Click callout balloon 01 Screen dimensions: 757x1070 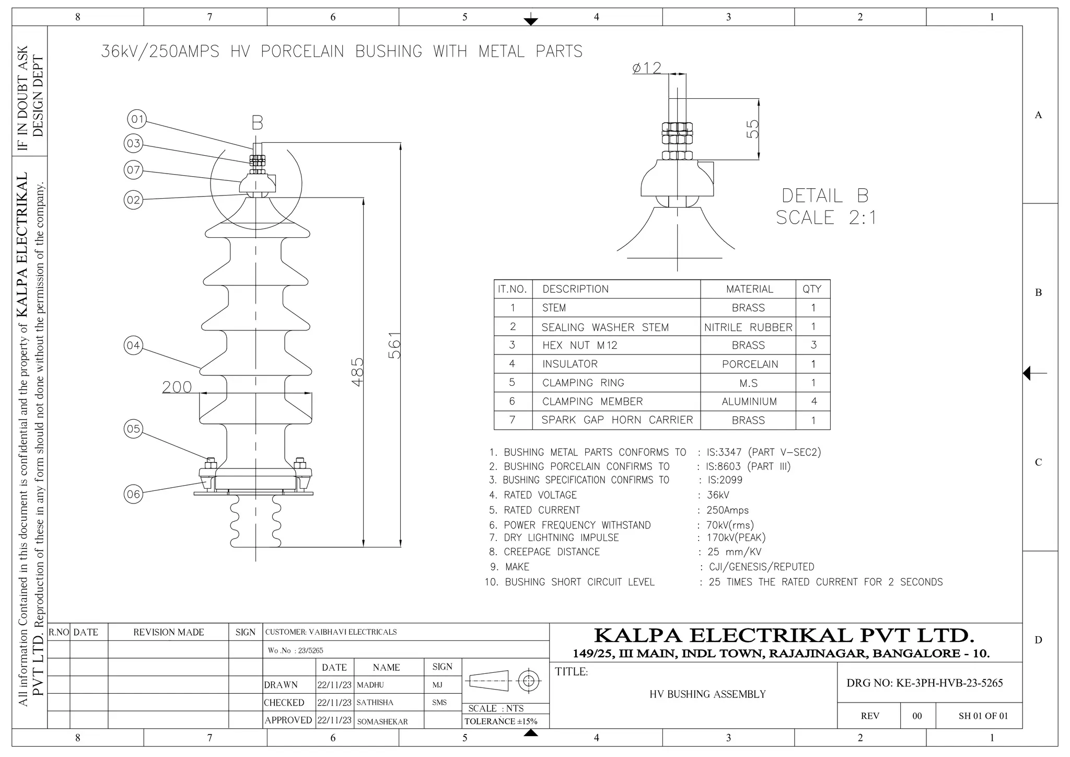tap(137, 119)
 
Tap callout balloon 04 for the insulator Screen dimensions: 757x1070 tap(133, 346)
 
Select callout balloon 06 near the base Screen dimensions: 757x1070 tap(134, 494)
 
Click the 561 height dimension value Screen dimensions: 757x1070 tap(395, 345)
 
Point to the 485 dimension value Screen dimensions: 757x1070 tap(357, 372)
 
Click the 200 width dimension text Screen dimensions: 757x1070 tap(177, 387)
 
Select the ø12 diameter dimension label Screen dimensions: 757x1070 tap(647, 68)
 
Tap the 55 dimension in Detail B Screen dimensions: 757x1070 tap(752, 129)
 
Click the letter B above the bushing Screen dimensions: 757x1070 tap(257, 123)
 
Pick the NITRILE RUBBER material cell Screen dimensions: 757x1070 tap(748, 327)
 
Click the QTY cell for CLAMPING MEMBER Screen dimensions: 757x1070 tap(813, 402)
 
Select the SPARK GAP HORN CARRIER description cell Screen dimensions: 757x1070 tap(617, 420)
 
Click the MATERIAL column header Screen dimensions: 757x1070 tap(749, 289)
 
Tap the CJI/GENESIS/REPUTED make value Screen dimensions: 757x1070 tap(761, 567)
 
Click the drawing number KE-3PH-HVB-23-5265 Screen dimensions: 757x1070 tap(924, 683)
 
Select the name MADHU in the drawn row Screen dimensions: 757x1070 tap(370, 685)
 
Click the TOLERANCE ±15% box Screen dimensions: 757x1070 tap(501, 721)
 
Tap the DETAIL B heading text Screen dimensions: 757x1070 tap(825, 196)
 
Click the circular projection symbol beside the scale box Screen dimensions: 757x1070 tap(529, 681)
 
